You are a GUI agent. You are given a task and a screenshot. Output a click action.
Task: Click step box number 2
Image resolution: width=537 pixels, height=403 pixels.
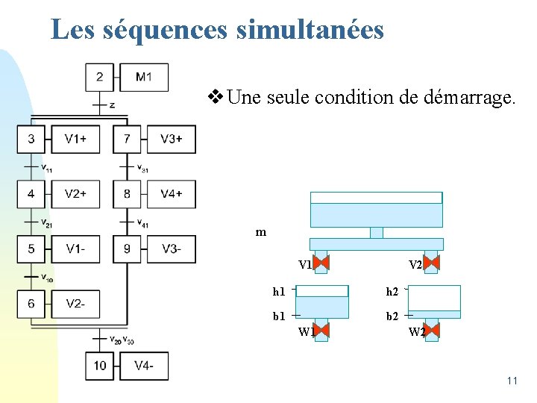100,77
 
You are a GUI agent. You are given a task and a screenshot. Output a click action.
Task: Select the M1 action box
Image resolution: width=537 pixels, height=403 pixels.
144,77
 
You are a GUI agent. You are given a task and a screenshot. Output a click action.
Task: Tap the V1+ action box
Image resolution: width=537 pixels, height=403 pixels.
75,138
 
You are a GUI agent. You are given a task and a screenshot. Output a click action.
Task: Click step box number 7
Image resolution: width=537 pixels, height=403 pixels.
127,138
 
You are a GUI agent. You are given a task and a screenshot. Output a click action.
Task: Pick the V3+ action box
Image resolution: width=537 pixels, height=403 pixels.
171,138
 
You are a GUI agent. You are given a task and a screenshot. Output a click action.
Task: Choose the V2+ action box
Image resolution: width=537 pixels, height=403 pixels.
75,194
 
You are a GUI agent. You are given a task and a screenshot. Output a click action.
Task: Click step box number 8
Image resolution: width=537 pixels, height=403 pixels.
127,194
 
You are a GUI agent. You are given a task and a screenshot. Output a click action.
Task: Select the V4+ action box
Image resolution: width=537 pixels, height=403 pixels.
171,194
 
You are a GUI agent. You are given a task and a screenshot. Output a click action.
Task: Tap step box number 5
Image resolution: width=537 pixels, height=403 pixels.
31,249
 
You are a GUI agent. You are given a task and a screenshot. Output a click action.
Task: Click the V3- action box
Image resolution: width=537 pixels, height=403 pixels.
171,249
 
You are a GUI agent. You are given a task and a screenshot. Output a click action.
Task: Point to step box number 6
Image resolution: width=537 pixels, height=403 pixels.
31,304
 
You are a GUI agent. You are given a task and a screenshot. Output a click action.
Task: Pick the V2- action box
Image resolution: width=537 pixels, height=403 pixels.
75,304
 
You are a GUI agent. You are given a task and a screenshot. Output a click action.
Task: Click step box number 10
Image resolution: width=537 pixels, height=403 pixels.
100,366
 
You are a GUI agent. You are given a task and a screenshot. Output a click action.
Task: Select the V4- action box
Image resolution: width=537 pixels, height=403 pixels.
144,366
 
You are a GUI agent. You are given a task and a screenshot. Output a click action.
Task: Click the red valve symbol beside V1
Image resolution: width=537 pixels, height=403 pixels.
321,263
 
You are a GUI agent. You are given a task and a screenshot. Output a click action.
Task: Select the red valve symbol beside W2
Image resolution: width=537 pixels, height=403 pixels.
431,330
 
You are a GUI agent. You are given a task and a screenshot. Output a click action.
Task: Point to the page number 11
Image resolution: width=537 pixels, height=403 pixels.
512,381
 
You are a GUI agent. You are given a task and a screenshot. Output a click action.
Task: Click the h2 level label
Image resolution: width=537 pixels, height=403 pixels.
392,291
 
